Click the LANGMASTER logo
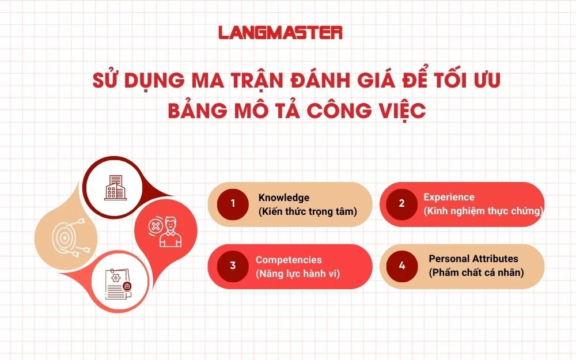[281, 32]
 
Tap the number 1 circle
[233, 203]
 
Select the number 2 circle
[401, 203]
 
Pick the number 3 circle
[233, 266]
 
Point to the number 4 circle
[401, 266]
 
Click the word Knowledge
[284, 198]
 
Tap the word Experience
[449, 197]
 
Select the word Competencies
[289, 260]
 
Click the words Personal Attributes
[473, 259]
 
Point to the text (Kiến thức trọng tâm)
[308, 211]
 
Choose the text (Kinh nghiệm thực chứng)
[483, 211]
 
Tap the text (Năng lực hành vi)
[297, 274]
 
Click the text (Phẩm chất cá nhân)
[476, 272]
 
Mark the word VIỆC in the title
[397, 111]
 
